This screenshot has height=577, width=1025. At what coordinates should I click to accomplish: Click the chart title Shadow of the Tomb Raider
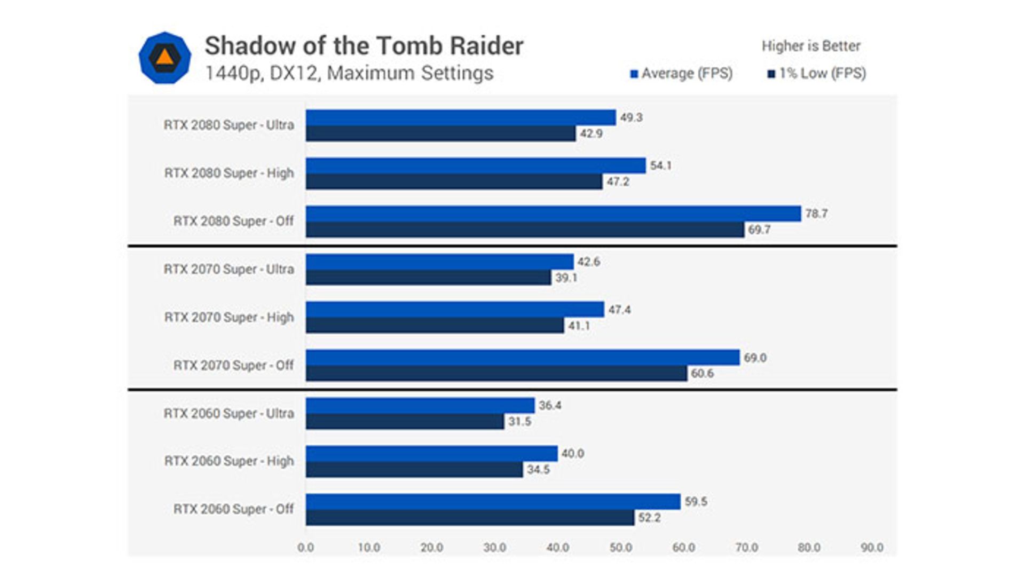coord(364,46)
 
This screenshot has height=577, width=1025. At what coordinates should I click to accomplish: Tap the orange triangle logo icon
coord(164,57)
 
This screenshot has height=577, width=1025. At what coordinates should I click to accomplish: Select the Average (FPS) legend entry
coord(681,74)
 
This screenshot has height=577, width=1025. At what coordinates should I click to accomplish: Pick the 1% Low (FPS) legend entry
coord(817,74)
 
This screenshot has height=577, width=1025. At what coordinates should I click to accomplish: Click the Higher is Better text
coord(810,46)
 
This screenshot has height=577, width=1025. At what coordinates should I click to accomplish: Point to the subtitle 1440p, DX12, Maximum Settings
coord(349,73)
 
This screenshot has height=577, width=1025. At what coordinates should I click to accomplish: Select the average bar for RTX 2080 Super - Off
coord(553,214)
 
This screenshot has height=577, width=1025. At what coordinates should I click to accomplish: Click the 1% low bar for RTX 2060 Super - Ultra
coord(405,422)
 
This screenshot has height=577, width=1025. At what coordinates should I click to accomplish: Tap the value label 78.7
coord(816,214)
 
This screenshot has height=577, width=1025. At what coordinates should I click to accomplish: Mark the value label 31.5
coord(519,422)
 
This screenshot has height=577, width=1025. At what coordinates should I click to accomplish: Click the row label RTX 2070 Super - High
coord(229,318)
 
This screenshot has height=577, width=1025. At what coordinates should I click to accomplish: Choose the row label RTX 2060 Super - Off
coord(233,509)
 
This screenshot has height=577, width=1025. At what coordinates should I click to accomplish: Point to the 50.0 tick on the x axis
coord(620,548)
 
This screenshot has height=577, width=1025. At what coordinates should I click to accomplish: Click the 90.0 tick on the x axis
coord(872,548)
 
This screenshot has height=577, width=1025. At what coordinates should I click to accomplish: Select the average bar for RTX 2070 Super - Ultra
coord(439,262)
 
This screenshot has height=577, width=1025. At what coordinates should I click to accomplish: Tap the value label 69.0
coord(755,358)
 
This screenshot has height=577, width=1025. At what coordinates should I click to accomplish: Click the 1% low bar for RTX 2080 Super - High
coord(454,182)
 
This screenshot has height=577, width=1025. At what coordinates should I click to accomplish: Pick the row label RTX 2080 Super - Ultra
coord(229,125)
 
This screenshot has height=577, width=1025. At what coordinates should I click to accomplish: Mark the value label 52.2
coord(649,518)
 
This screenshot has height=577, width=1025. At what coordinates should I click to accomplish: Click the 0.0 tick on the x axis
coord(306,548)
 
